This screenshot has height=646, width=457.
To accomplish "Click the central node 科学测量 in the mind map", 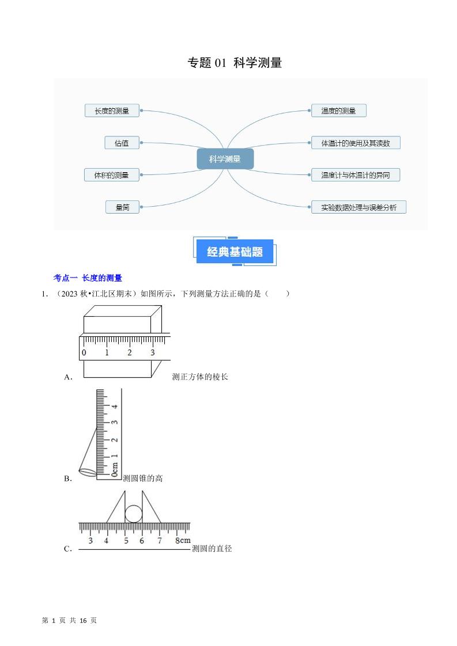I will click(225, 159).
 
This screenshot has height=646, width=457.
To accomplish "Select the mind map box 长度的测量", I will click(112, 111).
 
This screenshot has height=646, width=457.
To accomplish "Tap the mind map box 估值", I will click(122, 143).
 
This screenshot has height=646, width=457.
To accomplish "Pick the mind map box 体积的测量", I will click(112, 175).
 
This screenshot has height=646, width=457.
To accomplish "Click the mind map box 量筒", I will click(122, 207).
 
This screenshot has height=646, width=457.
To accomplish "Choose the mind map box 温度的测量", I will click(338, 111).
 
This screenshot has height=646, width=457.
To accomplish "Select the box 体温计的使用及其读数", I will click(355, 143).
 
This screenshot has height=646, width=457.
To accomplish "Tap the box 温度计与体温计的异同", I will click(355, 175).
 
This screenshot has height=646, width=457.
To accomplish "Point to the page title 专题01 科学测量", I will click(235, 63).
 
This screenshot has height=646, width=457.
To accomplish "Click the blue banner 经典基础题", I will click(235, 252).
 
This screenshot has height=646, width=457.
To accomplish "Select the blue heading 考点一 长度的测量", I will click(88, 278).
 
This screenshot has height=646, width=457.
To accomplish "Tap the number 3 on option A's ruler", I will click(152, 352).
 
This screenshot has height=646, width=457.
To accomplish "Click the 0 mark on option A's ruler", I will click(84, 352).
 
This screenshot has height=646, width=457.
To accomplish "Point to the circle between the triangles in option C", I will click(134, 514).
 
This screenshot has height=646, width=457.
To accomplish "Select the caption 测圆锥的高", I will click(143, 478).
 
